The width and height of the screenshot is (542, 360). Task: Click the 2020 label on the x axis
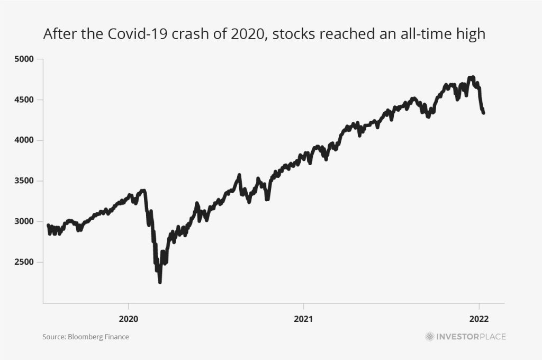point(129,319)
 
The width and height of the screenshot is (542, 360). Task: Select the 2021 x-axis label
point(303,319)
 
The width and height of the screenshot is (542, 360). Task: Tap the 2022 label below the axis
point(479,319)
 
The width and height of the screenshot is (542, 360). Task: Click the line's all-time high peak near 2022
point(472,77)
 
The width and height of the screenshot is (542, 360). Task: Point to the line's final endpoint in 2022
point(483,112)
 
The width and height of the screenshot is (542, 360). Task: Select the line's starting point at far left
point(48,226)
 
